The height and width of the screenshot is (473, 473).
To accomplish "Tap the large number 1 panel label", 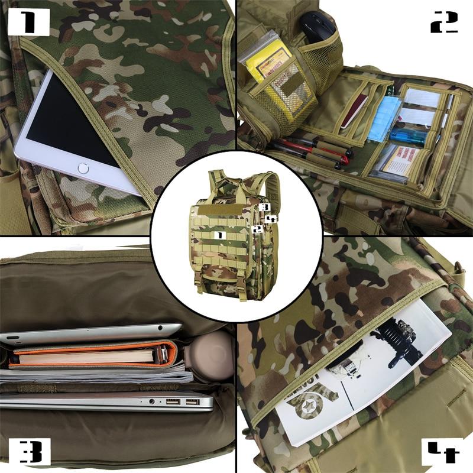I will click(x=28, y=22).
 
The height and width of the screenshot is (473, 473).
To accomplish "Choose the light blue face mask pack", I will click(x=384, y=115).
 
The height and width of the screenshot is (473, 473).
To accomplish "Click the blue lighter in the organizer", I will click(x=408, y=137).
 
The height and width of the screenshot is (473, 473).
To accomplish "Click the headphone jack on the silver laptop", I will click(x=153, y=401).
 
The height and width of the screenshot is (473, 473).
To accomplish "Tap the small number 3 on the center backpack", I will click(x=265, y=208).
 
